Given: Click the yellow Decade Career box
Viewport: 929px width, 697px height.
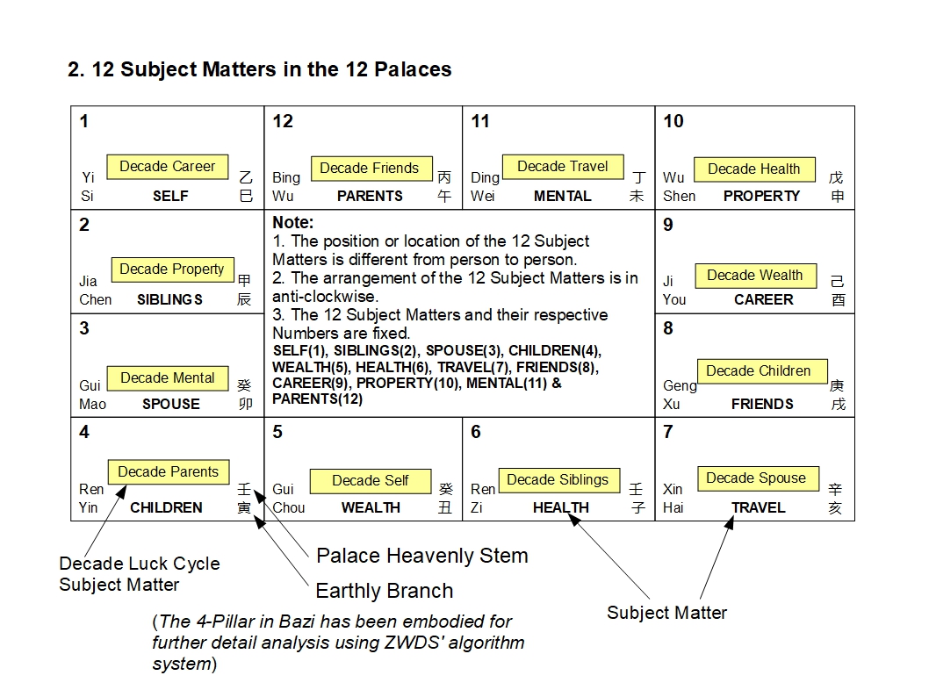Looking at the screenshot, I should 167,166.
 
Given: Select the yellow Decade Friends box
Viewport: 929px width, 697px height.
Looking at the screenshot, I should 369,168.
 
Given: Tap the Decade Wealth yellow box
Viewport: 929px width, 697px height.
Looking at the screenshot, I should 755,275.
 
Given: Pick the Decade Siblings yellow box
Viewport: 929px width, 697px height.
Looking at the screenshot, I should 558,479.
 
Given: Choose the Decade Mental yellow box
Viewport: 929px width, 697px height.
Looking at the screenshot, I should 167,377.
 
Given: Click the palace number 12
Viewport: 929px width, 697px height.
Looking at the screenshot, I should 283,121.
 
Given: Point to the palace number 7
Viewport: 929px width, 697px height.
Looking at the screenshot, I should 668,432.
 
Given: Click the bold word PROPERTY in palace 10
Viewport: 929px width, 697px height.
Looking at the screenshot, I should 761,196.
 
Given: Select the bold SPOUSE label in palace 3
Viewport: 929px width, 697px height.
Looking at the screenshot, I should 170,404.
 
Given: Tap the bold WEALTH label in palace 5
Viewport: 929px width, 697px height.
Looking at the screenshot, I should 371,507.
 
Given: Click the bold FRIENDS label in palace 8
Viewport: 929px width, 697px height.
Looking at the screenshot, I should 762,404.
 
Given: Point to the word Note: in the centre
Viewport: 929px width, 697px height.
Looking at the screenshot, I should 292,223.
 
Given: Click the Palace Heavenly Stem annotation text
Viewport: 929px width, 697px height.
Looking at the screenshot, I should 421,555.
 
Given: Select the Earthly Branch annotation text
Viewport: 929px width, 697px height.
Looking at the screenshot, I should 384,591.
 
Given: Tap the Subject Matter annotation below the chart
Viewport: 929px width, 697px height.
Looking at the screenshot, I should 666,613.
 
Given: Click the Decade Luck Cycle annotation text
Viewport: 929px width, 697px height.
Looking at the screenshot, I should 139,574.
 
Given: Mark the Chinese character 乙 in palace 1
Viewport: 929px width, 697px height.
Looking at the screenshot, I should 246,176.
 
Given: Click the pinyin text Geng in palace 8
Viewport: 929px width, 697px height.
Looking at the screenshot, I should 680,385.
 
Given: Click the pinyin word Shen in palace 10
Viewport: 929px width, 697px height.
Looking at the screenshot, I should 679,196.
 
